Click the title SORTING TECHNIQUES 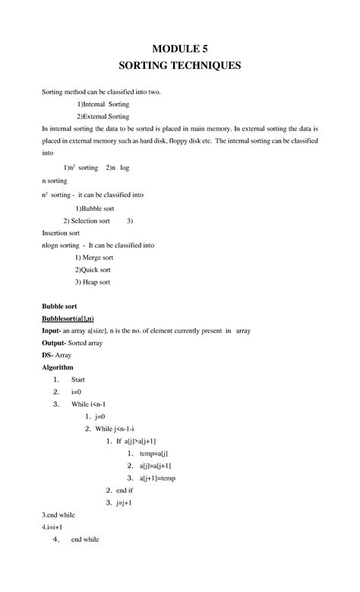(180, 65)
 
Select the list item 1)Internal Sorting (103, 104)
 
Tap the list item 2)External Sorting (103, 117)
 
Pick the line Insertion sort (60, 233)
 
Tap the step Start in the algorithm (78, 379)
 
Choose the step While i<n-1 (89, 404)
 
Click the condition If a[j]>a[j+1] (136, 441)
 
